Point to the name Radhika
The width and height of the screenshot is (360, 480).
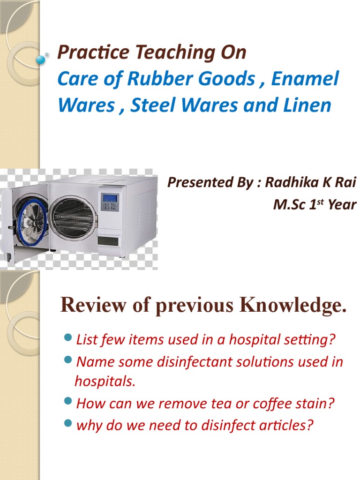(290, 183)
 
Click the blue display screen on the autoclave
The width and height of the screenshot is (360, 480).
(110, 197)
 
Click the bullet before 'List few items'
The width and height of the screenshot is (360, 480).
(68, 338)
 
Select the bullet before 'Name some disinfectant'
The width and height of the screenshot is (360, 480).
(68, 360)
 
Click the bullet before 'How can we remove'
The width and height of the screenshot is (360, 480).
(68, 402)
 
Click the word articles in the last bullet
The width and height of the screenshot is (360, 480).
(285, 426)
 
